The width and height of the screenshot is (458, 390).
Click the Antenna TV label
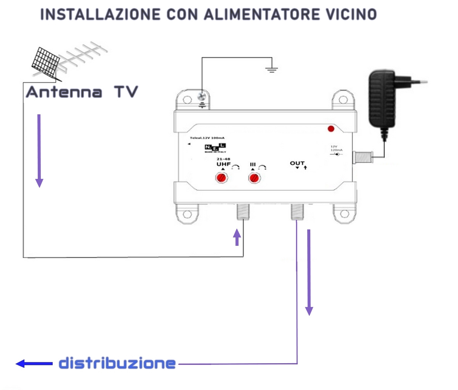[82, 92]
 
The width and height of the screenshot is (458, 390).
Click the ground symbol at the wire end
[271, 69]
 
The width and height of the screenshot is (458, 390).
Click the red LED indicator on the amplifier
[331, 128]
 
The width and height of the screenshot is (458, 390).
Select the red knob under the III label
[254, 178]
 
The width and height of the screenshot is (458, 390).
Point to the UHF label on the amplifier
[224, 164]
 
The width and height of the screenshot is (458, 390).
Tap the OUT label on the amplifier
[297, 163]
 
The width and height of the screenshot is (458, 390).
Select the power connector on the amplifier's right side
[363, 157]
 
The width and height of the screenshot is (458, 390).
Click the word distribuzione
[117, 363]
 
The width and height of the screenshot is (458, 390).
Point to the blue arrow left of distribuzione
[34, 363]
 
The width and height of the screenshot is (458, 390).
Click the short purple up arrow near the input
[237, 237]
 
